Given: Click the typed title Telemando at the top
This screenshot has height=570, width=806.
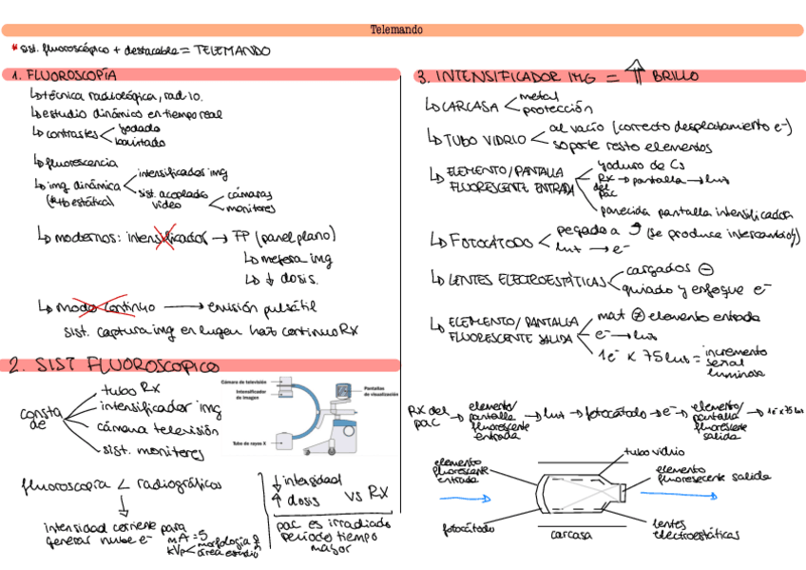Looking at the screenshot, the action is point(396,30).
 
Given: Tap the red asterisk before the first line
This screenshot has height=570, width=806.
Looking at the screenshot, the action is point(14,48).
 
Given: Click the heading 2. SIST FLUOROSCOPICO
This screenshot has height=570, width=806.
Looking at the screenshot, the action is point(114,365).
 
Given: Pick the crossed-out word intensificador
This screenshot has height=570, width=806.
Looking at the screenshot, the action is point(166,236).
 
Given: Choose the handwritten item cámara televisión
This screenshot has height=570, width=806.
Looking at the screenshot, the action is point(152,430).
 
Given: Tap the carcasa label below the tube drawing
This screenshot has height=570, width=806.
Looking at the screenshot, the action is point(572,535).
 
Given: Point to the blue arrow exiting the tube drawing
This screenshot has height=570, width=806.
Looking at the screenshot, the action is point(674,494).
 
